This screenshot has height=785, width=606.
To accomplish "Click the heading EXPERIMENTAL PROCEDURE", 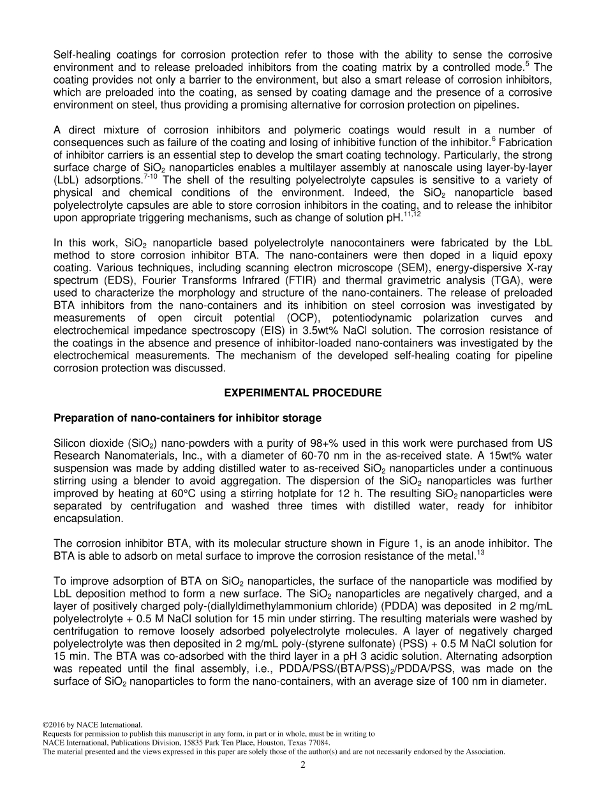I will [302, 393].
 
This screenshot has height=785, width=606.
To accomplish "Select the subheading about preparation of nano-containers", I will [187, 418].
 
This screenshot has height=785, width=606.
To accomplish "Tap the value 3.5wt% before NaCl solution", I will [313, 329].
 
